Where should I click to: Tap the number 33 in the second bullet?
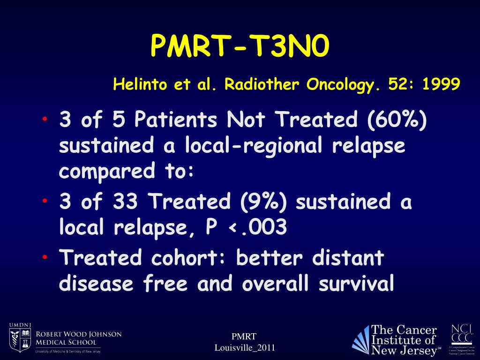click(x=125, y=202)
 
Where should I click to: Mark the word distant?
click(x=348, y=258)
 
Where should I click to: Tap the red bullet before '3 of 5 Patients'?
click(x=45, y=119)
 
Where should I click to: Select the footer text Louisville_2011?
click(x=244, y=347)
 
